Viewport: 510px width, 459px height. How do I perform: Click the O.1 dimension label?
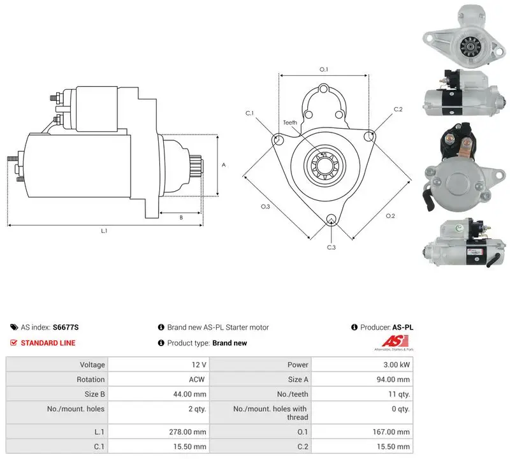(324, 69)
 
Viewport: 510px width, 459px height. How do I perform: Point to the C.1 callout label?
(249, 113)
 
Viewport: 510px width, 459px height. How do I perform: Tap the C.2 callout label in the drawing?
(398, 109)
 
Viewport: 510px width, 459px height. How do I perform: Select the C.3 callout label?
(331, 247)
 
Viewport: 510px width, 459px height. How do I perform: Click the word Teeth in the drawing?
(290, 122)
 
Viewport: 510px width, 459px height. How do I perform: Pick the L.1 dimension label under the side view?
(104, 231)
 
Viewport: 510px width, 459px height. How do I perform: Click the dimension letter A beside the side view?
(224, 165)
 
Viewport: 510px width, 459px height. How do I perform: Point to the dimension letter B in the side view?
(181, 217)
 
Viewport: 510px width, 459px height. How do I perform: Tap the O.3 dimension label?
(265, 207)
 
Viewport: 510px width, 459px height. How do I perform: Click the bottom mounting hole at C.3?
(331, 219)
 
